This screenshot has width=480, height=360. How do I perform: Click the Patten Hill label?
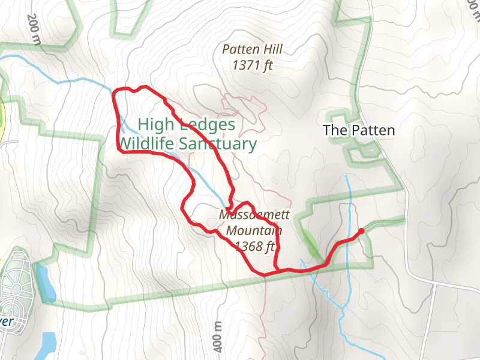252,50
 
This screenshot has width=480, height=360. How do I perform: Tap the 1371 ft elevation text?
252,65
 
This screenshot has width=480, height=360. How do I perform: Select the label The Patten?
359,130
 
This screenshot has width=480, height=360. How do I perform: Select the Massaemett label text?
254,215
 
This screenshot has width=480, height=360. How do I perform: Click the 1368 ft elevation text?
254,245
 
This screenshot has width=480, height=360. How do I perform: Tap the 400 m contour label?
218,337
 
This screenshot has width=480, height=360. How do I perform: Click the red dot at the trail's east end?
361,231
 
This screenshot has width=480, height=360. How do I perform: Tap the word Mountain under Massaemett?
254,230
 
